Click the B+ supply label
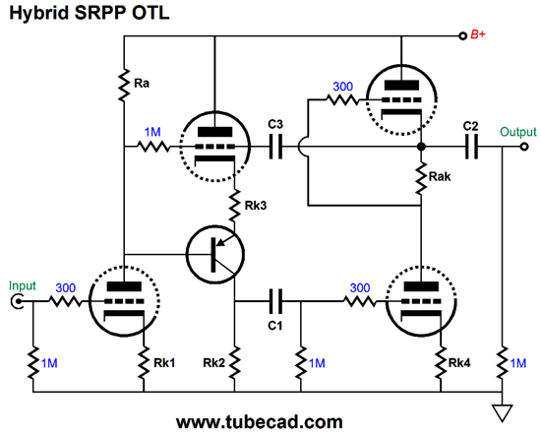(478, 34)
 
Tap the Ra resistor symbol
(124, 86)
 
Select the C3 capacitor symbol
(275, 147)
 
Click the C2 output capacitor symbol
(471, 147)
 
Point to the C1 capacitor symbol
(275, 301)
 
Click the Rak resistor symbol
(421, 178)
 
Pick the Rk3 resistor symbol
(235, 206)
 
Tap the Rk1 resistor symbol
(144, 362)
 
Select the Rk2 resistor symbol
(235, 362)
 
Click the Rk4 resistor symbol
(441, 362)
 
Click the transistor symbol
(215, 254)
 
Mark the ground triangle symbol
(502, 413)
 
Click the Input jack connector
(17, 302)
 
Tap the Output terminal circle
(524, 147)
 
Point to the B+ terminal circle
(462, 35)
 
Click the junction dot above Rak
(421, 147)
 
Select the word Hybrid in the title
(39, 14)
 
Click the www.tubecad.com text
(260, 422)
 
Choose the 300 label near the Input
(66, 287)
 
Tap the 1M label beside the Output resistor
(518, 363)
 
